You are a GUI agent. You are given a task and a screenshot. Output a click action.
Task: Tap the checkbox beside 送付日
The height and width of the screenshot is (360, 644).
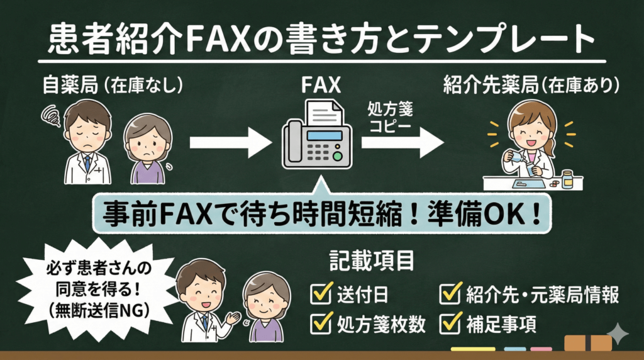click(320, 294)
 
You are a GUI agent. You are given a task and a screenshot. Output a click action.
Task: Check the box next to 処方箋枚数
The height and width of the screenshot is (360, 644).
click(320, 323)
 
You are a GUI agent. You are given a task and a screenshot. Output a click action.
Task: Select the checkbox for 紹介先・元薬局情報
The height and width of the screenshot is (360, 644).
click(450, 294)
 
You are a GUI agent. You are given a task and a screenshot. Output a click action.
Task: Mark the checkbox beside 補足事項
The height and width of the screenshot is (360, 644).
click(450, 323)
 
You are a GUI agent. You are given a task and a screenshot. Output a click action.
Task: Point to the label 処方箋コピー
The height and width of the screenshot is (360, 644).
click(389, 118)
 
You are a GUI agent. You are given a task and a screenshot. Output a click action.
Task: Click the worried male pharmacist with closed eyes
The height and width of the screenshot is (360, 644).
click(88, 142)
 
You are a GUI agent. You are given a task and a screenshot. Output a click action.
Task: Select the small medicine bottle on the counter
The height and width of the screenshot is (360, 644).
click(567, 179)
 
